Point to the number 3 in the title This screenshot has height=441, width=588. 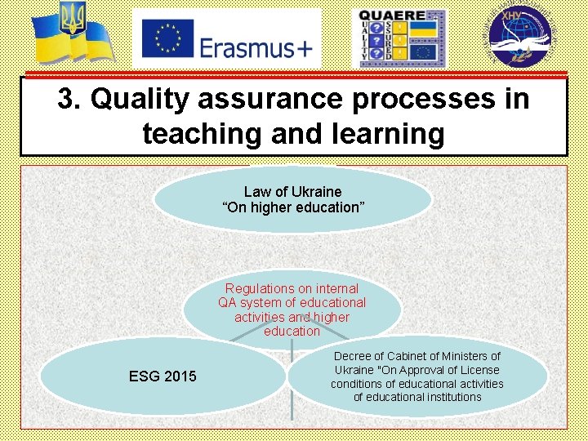click(66, 100)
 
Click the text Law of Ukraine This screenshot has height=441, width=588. click(292, 192)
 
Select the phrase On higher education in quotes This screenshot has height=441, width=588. click(292, 207)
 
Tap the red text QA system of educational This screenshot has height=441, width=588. click(292, 303)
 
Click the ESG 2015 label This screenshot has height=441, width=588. click(163, 376)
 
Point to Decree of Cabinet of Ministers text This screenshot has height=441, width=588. click(416, 356)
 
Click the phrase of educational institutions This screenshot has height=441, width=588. click(416, 398)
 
